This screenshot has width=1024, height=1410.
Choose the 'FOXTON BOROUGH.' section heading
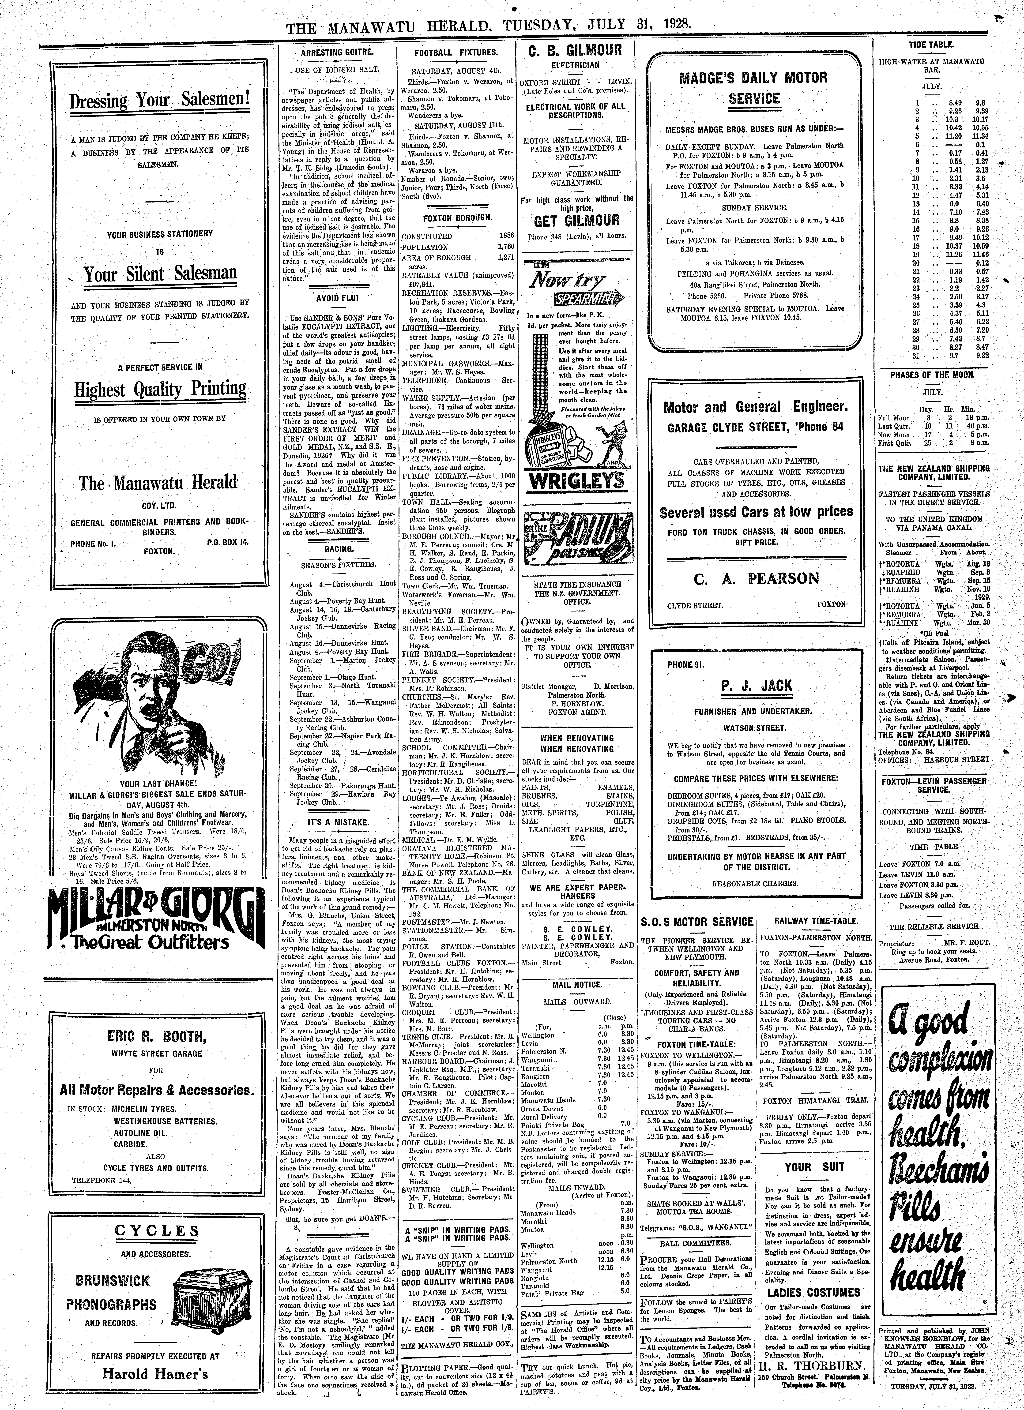[x=457, y=218]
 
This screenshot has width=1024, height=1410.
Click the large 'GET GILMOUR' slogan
[x=577, y=221]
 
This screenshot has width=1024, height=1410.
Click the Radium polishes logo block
[x=577, y=533]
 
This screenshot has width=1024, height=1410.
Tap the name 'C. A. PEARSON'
[x=755, y=579]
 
